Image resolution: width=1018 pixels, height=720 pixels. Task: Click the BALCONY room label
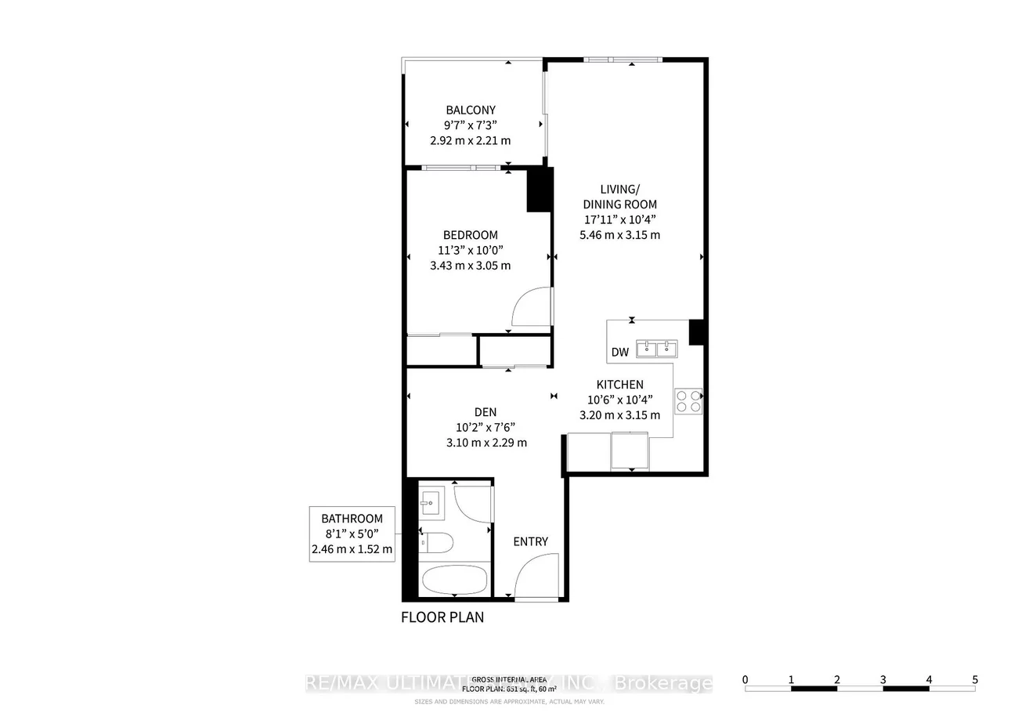pos(471,110)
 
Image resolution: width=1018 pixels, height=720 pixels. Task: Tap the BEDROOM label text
pos(470,235)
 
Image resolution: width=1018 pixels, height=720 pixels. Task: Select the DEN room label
pos(485,412)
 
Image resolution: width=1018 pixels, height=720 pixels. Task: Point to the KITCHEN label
pos(619,385)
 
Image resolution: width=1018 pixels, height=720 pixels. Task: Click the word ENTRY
pos(530,541)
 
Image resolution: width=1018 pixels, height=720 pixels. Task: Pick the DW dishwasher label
pos(620,353)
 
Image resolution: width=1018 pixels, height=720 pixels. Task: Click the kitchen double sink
pos(656,348)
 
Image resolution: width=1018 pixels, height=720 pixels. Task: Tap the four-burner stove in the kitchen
pos(688,401)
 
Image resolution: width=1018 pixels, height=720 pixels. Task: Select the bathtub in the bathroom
pos(454,581)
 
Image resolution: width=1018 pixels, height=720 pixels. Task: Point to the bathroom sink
pos(430,502)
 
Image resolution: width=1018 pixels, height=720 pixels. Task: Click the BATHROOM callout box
pos(352,534)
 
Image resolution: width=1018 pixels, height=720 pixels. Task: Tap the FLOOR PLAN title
pos(442,617)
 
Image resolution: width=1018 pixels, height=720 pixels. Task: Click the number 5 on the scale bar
pos(975,679)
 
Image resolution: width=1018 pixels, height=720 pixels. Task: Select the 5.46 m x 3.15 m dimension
pos(619,234)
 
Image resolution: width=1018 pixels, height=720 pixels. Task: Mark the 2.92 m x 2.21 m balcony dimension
pos(470,141)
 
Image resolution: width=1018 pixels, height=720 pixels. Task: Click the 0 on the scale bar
pos(745,679)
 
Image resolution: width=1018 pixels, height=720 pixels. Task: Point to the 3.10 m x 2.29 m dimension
pos(486,443)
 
